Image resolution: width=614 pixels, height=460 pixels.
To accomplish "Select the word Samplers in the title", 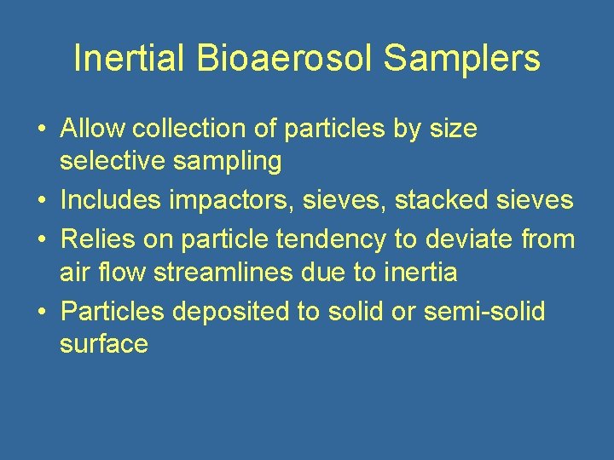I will (462, 59).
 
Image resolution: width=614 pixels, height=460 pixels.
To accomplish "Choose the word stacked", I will (440, 201).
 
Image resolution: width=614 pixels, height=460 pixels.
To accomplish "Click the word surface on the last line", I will (104, 344).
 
